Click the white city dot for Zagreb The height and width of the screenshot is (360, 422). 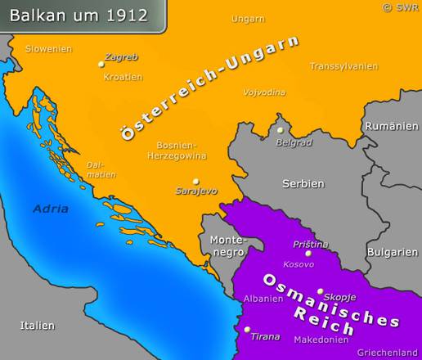[101, 63]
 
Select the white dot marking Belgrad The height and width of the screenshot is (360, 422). [280, 130]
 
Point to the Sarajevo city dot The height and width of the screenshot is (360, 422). [195, 181]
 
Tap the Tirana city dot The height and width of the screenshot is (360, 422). [247, 330]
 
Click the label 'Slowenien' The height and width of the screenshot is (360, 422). [48, 48]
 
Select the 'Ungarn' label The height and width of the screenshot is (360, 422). [248, 18]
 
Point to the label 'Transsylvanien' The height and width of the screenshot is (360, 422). [343, 65]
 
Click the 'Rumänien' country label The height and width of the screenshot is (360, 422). [386, 126]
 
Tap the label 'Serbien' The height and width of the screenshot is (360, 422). [303, 184]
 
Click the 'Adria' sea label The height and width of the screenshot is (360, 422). [51, 209]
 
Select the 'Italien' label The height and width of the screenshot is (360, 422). [37, 325]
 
